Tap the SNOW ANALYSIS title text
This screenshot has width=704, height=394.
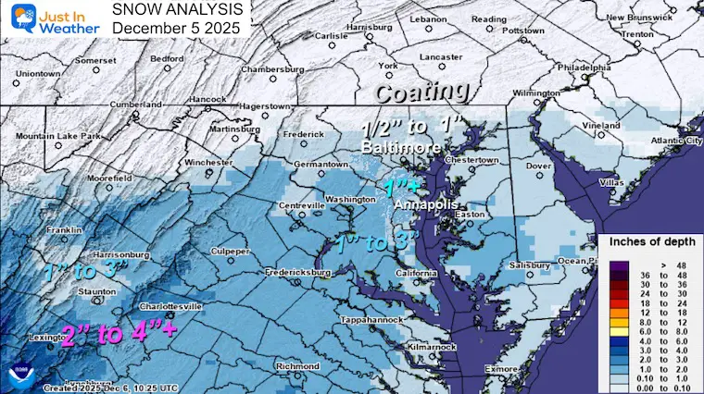click(180, 10)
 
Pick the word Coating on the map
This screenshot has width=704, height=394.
click(421, 92)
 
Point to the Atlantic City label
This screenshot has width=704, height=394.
click(663, 140)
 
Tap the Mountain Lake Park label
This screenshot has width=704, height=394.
click(51, 136)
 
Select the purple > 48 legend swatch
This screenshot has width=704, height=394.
click(617, 265)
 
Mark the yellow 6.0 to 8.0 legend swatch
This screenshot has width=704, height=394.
click(617, 326)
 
